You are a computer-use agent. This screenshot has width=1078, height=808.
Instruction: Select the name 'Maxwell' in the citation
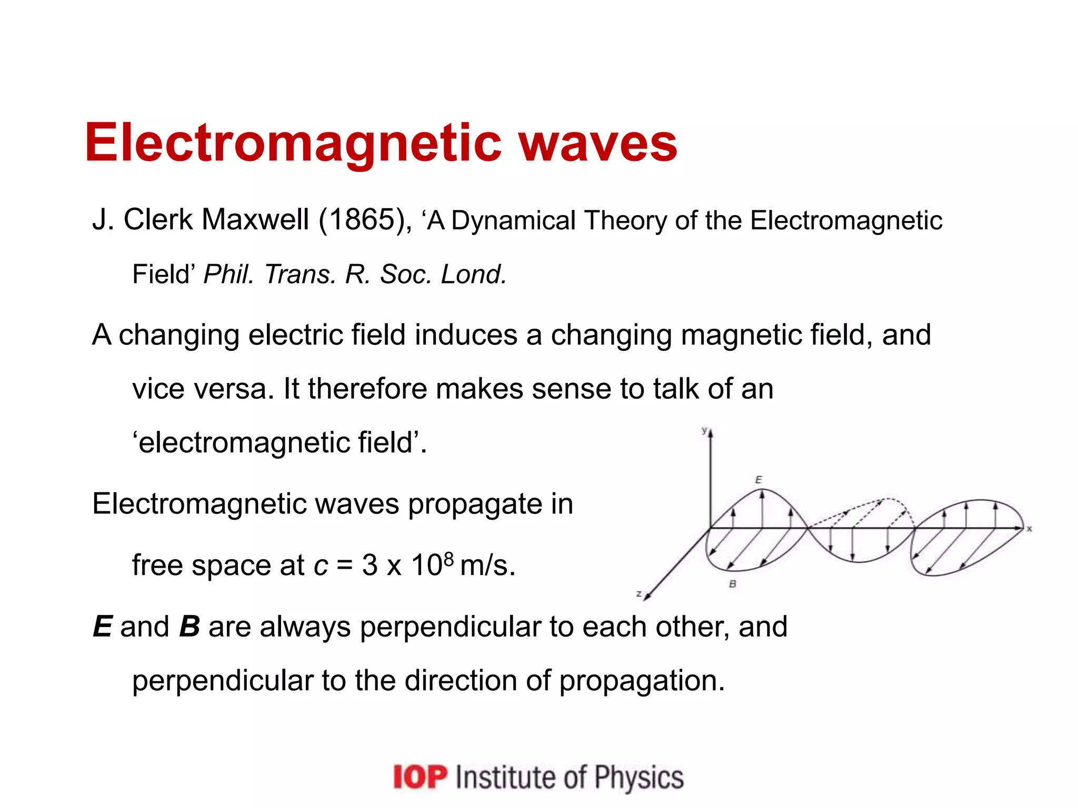255,219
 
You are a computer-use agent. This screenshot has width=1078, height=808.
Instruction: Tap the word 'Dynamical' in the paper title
514,220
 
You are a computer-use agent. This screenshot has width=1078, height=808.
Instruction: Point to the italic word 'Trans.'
300,274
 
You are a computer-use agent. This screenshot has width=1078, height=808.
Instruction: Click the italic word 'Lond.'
474,274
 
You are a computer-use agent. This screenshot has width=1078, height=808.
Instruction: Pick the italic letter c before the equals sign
321,566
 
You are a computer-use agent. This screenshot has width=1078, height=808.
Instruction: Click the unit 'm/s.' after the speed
487,565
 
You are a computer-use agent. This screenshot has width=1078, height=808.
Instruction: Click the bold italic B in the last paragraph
189,627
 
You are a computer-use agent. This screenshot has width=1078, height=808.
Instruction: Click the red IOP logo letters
420,777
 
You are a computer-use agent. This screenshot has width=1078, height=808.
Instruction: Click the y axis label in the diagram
704,430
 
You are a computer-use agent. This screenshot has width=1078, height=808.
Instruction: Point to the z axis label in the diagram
638,593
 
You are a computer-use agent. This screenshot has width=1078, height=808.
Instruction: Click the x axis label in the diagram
1030,529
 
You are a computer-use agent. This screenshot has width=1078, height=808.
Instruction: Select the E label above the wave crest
758,480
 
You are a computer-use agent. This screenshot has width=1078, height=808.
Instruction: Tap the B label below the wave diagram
732,584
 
